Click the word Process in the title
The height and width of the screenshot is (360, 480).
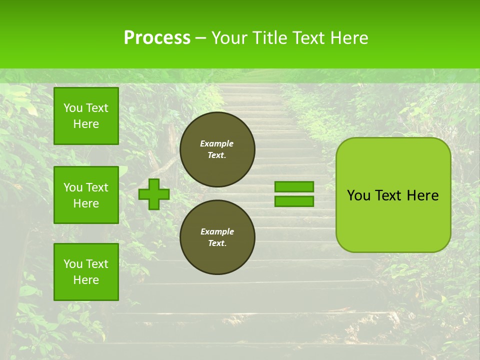tap(157, 38)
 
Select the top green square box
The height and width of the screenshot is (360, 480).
tap(86, 116)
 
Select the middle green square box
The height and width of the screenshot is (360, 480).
tap(86, 195)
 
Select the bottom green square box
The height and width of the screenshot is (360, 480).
tap(86, 272)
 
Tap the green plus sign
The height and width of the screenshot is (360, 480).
tap(154, 194)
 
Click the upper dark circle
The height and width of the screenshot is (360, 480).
tap(217, 149)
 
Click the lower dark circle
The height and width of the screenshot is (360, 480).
tap(217, 237)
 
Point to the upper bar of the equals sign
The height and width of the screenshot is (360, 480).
tap(294, 186)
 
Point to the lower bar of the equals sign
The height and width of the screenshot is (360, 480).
tap(294, 201)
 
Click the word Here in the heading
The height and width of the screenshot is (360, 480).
tap(346, 38)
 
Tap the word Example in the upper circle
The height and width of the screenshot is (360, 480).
tap(217, 143)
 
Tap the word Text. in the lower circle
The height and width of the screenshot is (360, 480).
tap(217, 243)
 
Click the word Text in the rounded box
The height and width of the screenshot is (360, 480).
tap(389, 195)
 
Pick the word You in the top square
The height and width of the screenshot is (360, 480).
tap(73, 108)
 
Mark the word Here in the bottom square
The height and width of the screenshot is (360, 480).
tap(86, 280)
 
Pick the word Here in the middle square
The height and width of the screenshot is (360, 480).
tap(86, 203)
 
